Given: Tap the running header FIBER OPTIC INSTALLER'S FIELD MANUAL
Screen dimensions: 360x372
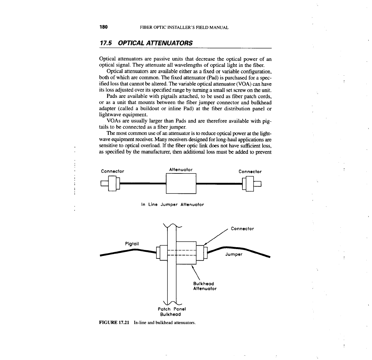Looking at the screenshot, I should click(184, 27).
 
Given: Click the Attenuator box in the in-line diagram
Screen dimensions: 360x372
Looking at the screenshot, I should click(181, 184).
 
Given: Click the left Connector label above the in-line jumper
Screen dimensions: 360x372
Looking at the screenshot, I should click(112, 171).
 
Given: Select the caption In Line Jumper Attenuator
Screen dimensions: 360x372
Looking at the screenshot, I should click(172, 205).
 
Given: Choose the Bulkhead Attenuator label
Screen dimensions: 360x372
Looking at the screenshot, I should click(205, 286).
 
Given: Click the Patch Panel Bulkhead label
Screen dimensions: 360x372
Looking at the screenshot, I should click(172, 312).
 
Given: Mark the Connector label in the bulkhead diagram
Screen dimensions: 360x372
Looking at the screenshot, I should click(242, 229).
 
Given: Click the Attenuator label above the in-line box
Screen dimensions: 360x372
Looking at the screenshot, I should click(181, 169).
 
